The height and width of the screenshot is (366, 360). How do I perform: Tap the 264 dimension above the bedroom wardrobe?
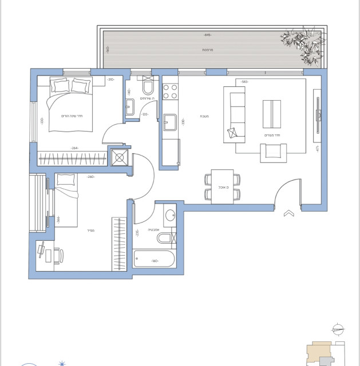tap(74, 148)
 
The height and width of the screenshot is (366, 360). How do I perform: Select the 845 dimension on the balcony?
tap(207, 35)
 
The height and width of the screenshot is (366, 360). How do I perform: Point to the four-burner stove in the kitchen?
tap(170, 91)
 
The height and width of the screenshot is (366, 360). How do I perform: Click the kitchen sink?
tap(170, 122)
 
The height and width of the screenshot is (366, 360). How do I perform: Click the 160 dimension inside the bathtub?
tap(155, 261)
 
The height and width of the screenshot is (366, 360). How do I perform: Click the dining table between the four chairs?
tap(222, 186)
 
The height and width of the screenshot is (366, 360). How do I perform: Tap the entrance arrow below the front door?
tap(288, 214)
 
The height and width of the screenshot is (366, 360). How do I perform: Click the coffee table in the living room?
tap(272, 114)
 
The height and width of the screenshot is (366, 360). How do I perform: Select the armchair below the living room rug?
tap(273, 152)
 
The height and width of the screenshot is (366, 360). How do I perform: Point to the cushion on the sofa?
tap(232, 134)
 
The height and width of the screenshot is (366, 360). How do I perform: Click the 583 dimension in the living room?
tap(244, 82)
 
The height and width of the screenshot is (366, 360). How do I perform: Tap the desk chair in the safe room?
tap(59, 255)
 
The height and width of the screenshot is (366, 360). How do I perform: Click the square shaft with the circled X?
tap(120, 157)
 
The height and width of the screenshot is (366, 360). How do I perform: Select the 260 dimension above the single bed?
tap(90, 177)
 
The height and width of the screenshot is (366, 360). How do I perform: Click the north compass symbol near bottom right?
tap(338, 329)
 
